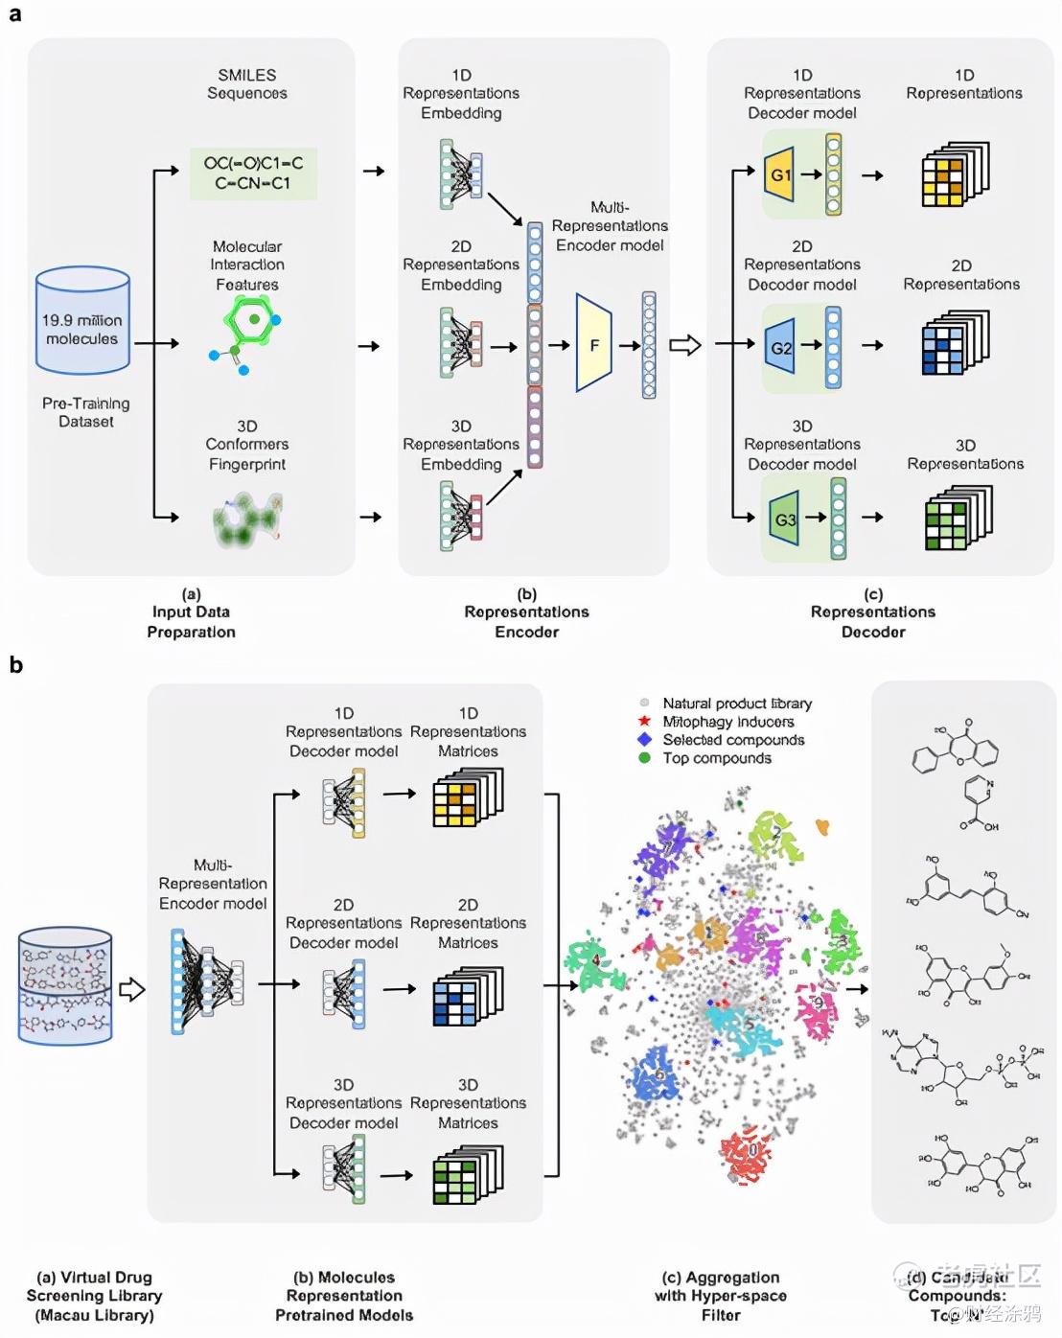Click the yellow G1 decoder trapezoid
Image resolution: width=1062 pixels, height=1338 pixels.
click(780, 174)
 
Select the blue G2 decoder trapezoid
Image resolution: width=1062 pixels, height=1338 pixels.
click(781, 347)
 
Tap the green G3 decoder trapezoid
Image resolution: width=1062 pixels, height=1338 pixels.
click(784, 519)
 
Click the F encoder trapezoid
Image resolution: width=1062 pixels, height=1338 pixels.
click(593, 344)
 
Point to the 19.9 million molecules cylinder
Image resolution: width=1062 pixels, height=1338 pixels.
click(82, 321)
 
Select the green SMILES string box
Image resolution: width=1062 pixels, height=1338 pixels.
click(253, 173)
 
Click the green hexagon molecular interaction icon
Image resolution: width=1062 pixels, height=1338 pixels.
click(247, 320)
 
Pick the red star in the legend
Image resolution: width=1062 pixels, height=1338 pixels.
click(645, 721)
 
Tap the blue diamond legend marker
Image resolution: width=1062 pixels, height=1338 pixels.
click(645, 739)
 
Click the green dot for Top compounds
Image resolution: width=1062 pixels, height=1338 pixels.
click(645, 757)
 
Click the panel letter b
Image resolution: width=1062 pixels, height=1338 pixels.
click(15, 664)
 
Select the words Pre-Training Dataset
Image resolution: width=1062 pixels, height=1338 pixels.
click(85, 412)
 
